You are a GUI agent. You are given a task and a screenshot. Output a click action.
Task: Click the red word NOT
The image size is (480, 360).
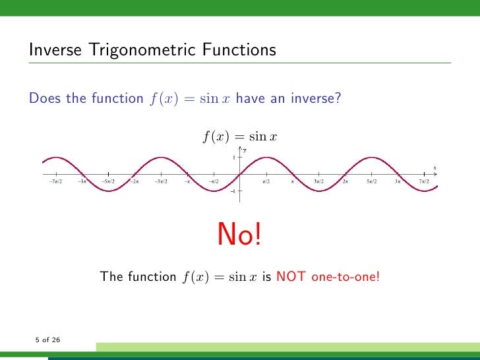(x=291, y=277)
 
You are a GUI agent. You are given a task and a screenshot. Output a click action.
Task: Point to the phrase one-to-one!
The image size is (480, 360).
(x=345, y=277)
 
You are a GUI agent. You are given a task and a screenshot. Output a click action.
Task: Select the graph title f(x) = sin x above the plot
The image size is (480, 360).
(x=239, y=136)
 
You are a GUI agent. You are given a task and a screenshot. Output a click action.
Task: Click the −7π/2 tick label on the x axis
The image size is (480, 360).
(x=55, y=181)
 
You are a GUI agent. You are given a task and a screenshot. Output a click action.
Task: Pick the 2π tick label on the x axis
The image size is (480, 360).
(x=345, y=181)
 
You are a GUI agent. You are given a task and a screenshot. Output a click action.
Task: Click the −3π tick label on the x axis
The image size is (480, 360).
(x=82, y=181)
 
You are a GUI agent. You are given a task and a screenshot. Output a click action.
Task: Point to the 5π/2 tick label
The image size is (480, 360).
(x=372, y=181)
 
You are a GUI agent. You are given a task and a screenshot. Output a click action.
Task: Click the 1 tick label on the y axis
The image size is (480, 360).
(x=233, y=158)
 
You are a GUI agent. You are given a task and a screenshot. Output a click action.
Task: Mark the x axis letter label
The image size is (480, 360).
(x=435, y=167)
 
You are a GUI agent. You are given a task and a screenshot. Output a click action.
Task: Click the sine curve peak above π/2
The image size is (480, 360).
(x=266, y=158)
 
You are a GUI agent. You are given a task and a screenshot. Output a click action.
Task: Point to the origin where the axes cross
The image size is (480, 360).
(x=239, y=175)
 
